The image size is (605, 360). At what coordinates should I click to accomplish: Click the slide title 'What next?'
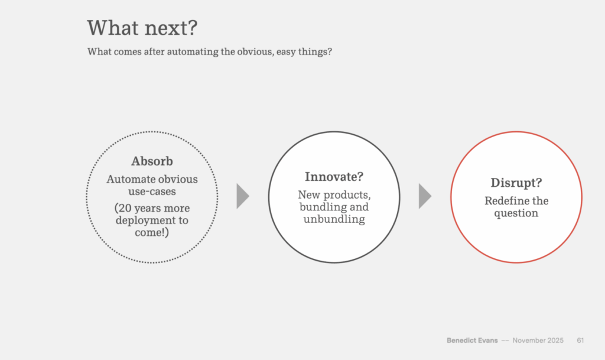[x=142, y=28]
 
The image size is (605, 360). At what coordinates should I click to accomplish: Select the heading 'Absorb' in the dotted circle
[x=152, y=161]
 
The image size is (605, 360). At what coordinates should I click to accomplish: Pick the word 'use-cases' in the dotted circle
[x=152, y=192]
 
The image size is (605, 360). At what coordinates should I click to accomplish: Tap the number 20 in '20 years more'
[x=125, y=208]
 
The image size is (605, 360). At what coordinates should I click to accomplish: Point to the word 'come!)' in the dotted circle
[x=152, y=232]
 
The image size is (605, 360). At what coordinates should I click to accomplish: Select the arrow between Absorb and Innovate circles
[x=242, y=196]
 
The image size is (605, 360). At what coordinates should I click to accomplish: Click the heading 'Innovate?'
[x=334, y=176]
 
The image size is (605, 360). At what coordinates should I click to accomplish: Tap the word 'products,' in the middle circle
[x=350, y=195]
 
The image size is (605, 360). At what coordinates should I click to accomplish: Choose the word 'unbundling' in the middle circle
[x=334, y=219]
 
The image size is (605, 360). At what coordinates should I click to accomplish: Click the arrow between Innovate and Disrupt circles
[x=424, y=196]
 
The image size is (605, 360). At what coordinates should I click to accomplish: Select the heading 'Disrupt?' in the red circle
[x=516, y=183]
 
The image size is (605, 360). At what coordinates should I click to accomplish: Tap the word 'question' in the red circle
[x=516, y=213]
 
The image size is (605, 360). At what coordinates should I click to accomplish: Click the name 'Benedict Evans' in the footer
[x=472, y=340]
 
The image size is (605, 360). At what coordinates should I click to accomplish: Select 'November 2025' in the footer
[x=538, y=340]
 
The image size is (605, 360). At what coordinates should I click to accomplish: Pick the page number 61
[x=580, y=340]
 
